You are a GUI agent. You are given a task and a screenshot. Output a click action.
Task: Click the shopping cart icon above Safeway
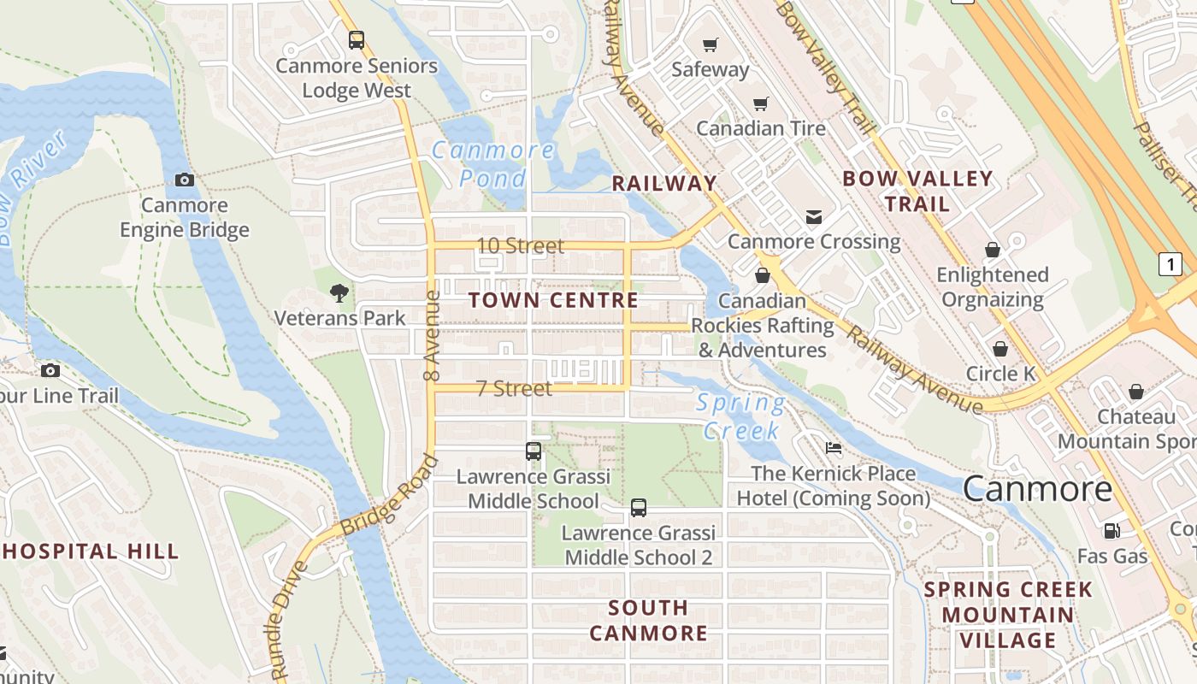point(710,44)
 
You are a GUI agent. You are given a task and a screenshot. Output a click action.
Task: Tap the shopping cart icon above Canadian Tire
point(760,103)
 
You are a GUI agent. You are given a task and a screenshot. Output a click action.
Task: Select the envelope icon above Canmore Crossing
point(814,217)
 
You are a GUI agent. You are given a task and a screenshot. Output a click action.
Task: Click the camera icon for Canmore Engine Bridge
point(185,180)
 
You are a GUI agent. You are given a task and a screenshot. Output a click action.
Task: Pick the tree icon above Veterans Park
point(339,293)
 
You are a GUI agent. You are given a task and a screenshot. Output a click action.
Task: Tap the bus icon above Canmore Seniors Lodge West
point(357,39)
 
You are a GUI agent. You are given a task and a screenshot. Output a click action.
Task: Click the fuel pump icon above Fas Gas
point(1111,531)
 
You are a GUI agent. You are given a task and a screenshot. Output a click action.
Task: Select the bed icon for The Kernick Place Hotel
point(833,448)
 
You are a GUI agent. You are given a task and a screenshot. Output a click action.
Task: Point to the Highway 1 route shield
point(1170,264)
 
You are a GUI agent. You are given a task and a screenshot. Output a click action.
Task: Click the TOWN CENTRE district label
point(553,300)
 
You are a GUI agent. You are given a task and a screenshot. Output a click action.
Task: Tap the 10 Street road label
point(520,246)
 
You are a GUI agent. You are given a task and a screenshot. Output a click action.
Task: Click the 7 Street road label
point(514,389)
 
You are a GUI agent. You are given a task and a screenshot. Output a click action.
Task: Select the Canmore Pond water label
point(492,164)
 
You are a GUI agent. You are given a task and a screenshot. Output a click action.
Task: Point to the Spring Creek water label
point(740,416)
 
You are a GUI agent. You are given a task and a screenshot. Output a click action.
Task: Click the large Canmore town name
point(1037,489)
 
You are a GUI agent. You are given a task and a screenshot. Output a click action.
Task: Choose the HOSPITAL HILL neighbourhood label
point(90,551)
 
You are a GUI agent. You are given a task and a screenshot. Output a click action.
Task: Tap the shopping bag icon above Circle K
point(999,349)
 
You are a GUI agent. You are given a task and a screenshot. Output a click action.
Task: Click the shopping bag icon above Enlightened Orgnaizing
point(992,250)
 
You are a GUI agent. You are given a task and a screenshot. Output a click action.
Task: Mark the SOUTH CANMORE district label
point(648,621)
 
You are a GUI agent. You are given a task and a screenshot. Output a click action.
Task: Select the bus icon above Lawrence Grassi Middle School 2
point(639,508)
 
